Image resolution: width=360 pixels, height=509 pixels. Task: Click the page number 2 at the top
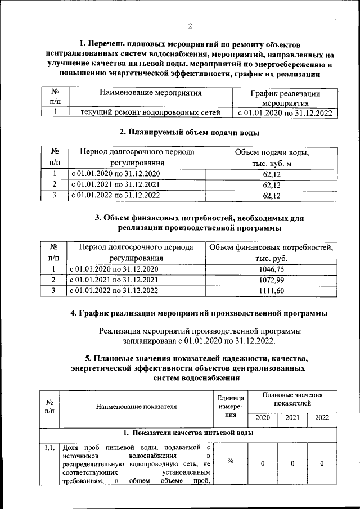[x=190, y=26]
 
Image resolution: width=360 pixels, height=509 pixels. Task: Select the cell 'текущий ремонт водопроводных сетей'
[x=150, y=112]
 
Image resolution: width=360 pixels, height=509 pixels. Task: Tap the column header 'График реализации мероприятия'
[x=285, y=98]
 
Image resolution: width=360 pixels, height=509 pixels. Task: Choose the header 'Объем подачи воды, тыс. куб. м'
[x=272, y=157]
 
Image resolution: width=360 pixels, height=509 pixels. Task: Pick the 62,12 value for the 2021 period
[x=272, y=184]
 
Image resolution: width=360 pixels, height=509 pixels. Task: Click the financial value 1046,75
[x=272, y=269]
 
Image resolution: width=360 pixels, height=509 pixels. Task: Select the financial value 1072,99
[x=272, y=280]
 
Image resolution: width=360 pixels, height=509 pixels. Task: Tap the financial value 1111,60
[x=272, y=291]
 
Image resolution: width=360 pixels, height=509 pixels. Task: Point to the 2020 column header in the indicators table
[x=262, y=418]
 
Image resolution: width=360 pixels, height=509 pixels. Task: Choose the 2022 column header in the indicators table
[x=322, y=418]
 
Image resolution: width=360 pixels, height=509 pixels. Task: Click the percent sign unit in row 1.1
[x=231, y=462]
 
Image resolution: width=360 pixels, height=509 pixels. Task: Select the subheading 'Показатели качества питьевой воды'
[x=188, y=433]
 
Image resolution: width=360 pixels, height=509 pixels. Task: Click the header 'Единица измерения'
[x=231, y=406]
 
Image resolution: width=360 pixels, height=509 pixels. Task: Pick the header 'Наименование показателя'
[x=136, y=406]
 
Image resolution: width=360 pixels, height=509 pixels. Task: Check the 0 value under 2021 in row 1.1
[x=292, y=463]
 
